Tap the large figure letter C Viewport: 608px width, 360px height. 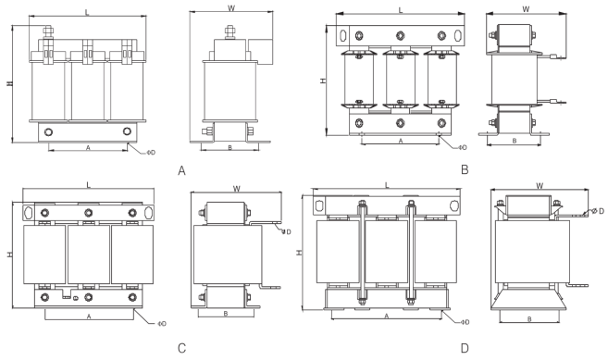(182, 349)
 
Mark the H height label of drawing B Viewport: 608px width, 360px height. (323, 81)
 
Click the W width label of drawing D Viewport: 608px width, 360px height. (539, 186)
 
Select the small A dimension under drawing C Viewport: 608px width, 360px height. (88, 316)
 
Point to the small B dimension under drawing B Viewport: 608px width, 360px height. (514, 141)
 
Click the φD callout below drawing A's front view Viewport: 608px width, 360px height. (139, 150)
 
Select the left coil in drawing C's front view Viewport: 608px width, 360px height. (44, 253)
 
